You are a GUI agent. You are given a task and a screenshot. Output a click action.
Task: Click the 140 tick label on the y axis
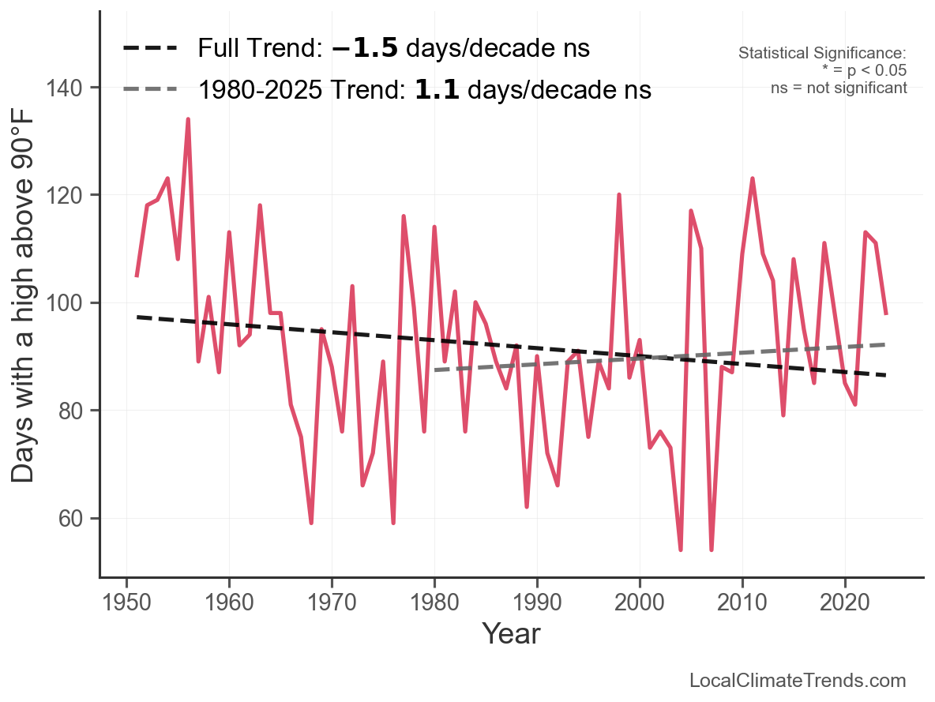click(x=72, y=88)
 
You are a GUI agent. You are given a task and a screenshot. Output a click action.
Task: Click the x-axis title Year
click(x=511, y=633)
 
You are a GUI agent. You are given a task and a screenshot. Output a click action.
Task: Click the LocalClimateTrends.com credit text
click(x=798, y=681)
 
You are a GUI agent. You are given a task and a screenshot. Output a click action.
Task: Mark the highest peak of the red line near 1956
click(x=188, y=119)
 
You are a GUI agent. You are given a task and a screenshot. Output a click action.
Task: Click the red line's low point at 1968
click(x=311, y=523)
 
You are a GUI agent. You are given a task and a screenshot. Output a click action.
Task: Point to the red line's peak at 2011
click(x=753, y=178)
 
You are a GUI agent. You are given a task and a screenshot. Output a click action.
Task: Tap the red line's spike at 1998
click(x=619, y=194)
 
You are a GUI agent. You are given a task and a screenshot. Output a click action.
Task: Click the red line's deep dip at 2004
click(x=681, y=550)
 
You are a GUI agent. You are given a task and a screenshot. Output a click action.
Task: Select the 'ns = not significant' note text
click(x=839, y=88)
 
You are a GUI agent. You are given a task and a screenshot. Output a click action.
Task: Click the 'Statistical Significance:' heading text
click(x=822, y=54)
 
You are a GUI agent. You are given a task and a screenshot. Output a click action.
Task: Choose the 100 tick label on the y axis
click(x=72, y=303)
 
